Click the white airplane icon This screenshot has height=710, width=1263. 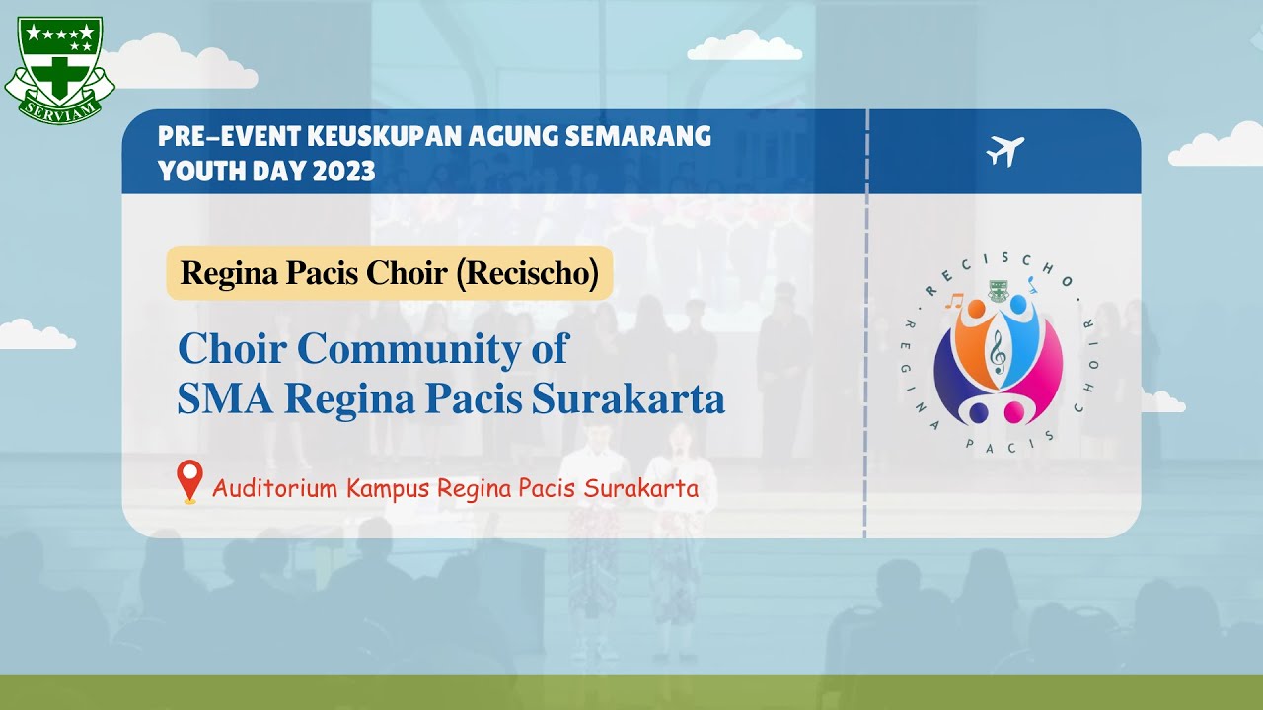(1004, 151)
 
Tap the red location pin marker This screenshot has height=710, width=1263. (189, 480)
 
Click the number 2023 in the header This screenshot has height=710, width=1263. (344, 171)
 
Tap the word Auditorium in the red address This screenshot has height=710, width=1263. (270, 488)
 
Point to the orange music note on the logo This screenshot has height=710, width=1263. (951, 300)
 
